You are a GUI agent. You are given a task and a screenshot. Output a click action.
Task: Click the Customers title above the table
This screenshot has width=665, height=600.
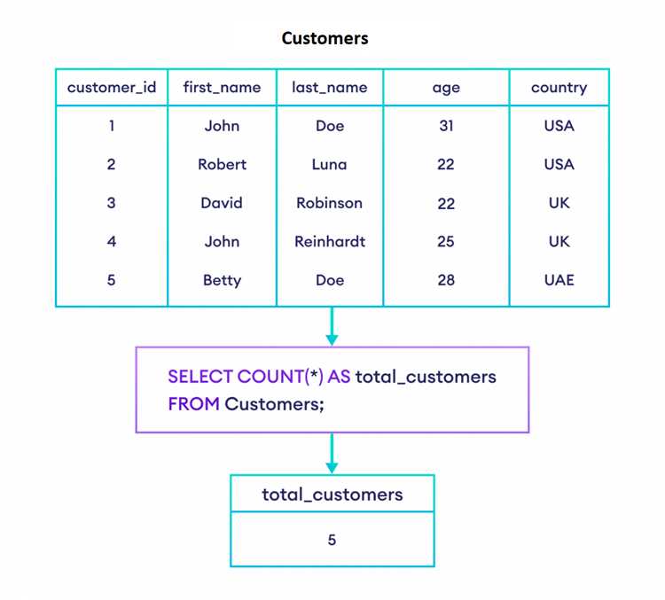[325, 38]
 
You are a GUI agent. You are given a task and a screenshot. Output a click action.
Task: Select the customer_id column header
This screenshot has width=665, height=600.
[112, 88]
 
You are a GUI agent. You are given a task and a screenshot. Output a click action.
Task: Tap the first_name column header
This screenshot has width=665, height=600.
[222, 88]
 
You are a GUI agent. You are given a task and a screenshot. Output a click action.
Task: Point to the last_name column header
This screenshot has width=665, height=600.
[330, 88]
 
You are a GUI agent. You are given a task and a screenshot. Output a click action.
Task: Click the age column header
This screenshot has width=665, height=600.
[446, 89]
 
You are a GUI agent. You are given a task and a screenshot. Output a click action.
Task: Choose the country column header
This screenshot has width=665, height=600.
[559, 88]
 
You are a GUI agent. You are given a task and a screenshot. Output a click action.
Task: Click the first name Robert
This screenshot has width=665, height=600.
[222, 164]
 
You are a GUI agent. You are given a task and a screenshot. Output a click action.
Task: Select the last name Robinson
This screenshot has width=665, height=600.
[329, 203]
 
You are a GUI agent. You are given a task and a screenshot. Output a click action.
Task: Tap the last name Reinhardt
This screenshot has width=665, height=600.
[330, 241]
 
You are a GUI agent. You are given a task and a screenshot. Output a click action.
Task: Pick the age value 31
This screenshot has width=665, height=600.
[446, 126]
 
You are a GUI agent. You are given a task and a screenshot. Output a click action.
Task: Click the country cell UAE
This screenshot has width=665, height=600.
[559, 280]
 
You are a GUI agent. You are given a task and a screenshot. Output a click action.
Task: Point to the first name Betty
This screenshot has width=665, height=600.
[222, 280]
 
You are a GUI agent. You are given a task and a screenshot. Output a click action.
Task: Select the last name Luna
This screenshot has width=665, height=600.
[329, 164]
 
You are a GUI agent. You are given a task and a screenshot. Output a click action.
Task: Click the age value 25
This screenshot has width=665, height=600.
[446, 241]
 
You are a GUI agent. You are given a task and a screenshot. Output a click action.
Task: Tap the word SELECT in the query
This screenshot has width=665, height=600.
[200, 377]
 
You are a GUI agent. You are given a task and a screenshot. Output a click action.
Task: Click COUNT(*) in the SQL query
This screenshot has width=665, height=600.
[280, 377]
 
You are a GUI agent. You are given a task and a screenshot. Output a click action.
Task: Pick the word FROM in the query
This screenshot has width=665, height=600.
[193, 403]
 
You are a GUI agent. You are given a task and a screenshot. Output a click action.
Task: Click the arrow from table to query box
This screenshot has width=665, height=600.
[332, 326]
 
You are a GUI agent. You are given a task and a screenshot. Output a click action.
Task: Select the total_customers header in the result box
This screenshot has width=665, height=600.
[332, 495]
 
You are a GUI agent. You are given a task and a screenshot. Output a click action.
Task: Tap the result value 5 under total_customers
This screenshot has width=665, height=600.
[332, 540]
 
